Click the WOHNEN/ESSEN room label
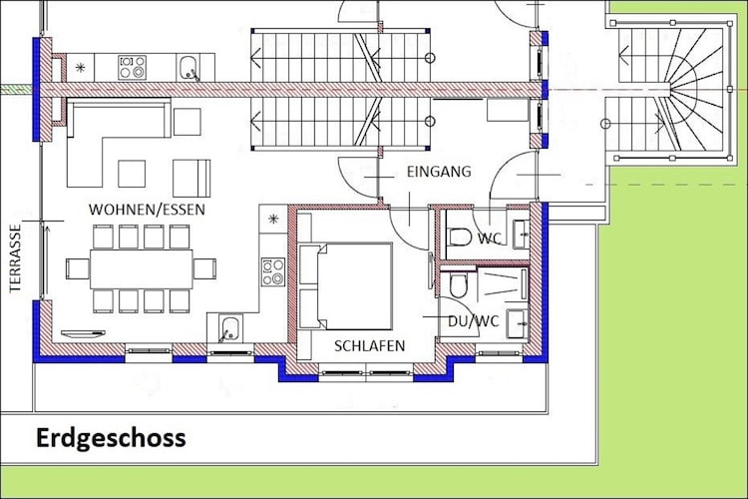[147, 210]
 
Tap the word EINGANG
[439, 172]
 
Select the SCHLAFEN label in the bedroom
[369, 345]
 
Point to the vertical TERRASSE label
[15, 258]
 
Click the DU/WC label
[473, 321]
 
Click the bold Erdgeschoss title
[111, 438]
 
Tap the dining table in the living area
[142, 268]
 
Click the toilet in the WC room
[461, 237]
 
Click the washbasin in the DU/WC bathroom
[517, 323]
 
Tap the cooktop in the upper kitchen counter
[133, 67]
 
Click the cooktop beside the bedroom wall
[273, 271]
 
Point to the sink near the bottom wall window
[229, 329]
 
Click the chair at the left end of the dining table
[78, 268]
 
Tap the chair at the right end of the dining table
[204, 268]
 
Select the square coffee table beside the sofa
[132, 174]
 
